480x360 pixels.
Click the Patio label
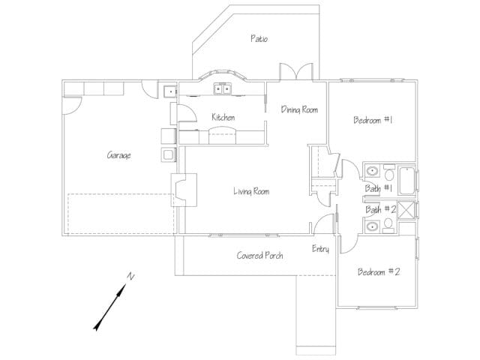point(259,38)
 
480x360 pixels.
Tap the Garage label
point(119,155)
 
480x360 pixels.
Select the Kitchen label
point(223,117)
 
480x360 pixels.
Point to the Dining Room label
point(299,109)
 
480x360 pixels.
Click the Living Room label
point(251,192)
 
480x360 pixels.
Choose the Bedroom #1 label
point(373,120)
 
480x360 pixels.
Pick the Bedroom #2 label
point(379,271)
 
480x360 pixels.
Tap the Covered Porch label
point(259,255)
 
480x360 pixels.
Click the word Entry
point(320,249)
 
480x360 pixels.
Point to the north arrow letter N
point(130,276)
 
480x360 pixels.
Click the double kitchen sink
point(222,89)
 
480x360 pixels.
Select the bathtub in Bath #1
point(407,181)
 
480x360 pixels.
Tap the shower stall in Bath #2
point(406,210)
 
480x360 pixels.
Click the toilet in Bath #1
point(389,173)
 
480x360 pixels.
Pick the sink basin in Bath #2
point(372,226)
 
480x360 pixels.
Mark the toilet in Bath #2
point(388,225)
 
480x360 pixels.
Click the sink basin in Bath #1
point(372,171)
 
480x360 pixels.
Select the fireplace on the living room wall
point(184,190)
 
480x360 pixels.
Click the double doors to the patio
point(296,72)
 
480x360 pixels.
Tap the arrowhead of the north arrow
point(98,325)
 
